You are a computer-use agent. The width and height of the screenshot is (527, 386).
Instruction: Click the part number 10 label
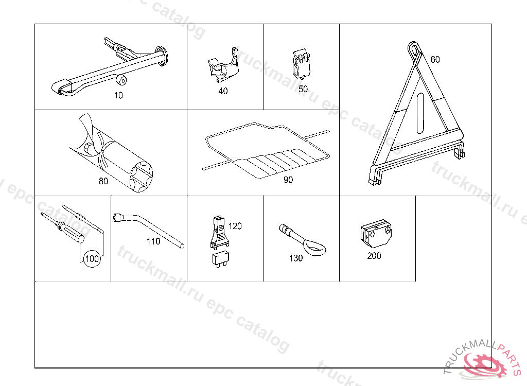pos(118,96)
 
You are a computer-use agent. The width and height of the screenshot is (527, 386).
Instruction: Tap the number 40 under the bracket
pos(223,91)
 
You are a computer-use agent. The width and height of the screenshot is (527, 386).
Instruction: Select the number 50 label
pos(303,89)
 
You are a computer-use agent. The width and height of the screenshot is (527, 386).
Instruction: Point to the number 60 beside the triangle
pos(435,60)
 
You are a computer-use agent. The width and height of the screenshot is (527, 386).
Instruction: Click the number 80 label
pos(103,181)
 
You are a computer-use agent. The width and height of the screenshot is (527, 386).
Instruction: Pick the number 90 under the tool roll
pos(288,180)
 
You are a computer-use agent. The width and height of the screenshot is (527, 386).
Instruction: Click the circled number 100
pos(92,258)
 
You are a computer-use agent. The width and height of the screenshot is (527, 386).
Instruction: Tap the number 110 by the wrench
pos(153,241)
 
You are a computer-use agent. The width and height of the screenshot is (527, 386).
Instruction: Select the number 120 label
pos(235,226)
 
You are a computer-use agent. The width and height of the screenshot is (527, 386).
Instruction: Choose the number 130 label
pos(296,258)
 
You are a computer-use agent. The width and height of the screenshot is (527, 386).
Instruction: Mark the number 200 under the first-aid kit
pos(374,256)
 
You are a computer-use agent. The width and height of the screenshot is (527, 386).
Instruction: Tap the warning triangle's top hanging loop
pos(414,49)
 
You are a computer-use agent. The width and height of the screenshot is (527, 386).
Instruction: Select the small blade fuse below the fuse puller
pos(220,259)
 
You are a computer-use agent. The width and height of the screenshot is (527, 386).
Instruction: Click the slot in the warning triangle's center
pos(420,114)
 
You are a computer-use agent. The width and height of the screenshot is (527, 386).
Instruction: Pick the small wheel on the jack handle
pos(122,80)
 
